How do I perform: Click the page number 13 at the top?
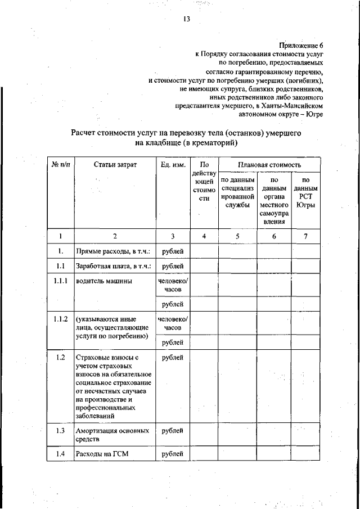(x=186, y=19)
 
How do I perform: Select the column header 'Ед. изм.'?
(x=171, y=164)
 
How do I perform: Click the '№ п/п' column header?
(x=60, y=164)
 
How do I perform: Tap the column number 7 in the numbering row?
(x=305, y=236)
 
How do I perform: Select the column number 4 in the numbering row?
(x=204, y=236)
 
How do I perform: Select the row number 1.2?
(x=60, y=357)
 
